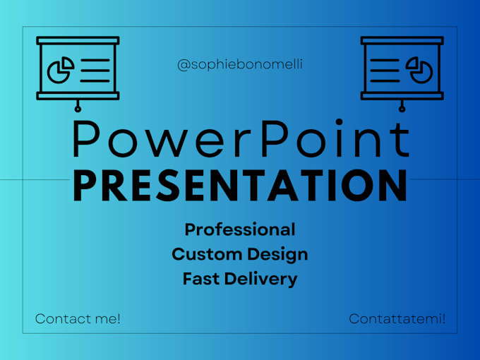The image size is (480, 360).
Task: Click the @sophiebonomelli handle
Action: pos(240,65)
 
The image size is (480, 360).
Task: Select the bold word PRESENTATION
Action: pos(240,185)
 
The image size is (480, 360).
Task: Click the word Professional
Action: pos(240,229)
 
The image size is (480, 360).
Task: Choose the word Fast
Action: pos(200,279)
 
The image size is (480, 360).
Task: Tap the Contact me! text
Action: pos(78,319)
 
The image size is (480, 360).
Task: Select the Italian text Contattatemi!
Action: pos(397,319)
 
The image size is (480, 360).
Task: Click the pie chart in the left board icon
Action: pos(60,70)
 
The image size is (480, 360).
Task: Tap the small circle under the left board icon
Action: pos(78,108)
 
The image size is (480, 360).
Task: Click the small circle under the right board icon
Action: pos(402,108)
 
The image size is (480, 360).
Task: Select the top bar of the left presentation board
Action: pos(78,41)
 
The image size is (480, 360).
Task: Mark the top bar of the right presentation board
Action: pos(402,41)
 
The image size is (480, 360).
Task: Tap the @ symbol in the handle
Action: pos(183,65)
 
